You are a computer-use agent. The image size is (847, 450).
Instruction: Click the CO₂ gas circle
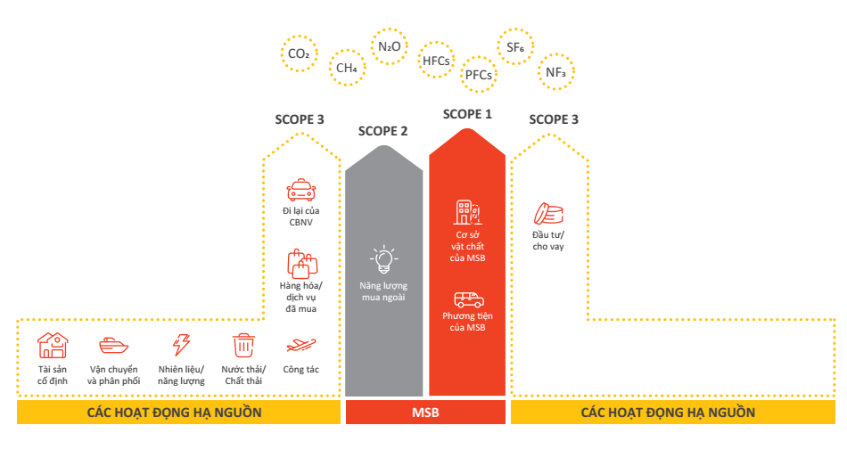[x=299, y=54]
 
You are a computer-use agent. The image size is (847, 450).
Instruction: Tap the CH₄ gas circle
[x=347, y=68]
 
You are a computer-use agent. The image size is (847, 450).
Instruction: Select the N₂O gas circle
[x=389, y=46]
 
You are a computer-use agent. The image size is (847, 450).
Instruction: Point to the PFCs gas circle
[x=478, y=75]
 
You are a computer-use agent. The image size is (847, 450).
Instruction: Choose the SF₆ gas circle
[x=514, y=48]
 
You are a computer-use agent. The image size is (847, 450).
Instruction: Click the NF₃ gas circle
[x=555, y=72]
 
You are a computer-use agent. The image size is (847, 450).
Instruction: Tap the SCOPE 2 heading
[x=382, y=131]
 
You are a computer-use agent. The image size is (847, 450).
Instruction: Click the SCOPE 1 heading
[x=467, y=114]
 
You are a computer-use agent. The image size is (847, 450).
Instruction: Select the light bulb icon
[x=383, y=258]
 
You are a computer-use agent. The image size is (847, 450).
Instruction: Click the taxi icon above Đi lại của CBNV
[x=300, y=190]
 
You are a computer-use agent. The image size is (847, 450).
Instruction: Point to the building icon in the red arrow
[x=467, y=213]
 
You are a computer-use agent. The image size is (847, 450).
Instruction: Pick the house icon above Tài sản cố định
[x=52, y=346]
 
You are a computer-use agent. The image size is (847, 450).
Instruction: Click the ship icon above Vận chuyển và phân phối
[x=113, y=345]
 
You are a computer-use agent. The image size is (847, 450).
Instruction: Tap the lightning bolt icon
[x=181, y=346]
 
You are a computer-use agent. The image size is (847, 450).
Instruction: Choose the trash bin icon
[x=243, y=345]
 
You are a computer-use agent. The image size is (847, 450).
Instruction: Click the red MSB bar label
[x=425, y=413]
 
